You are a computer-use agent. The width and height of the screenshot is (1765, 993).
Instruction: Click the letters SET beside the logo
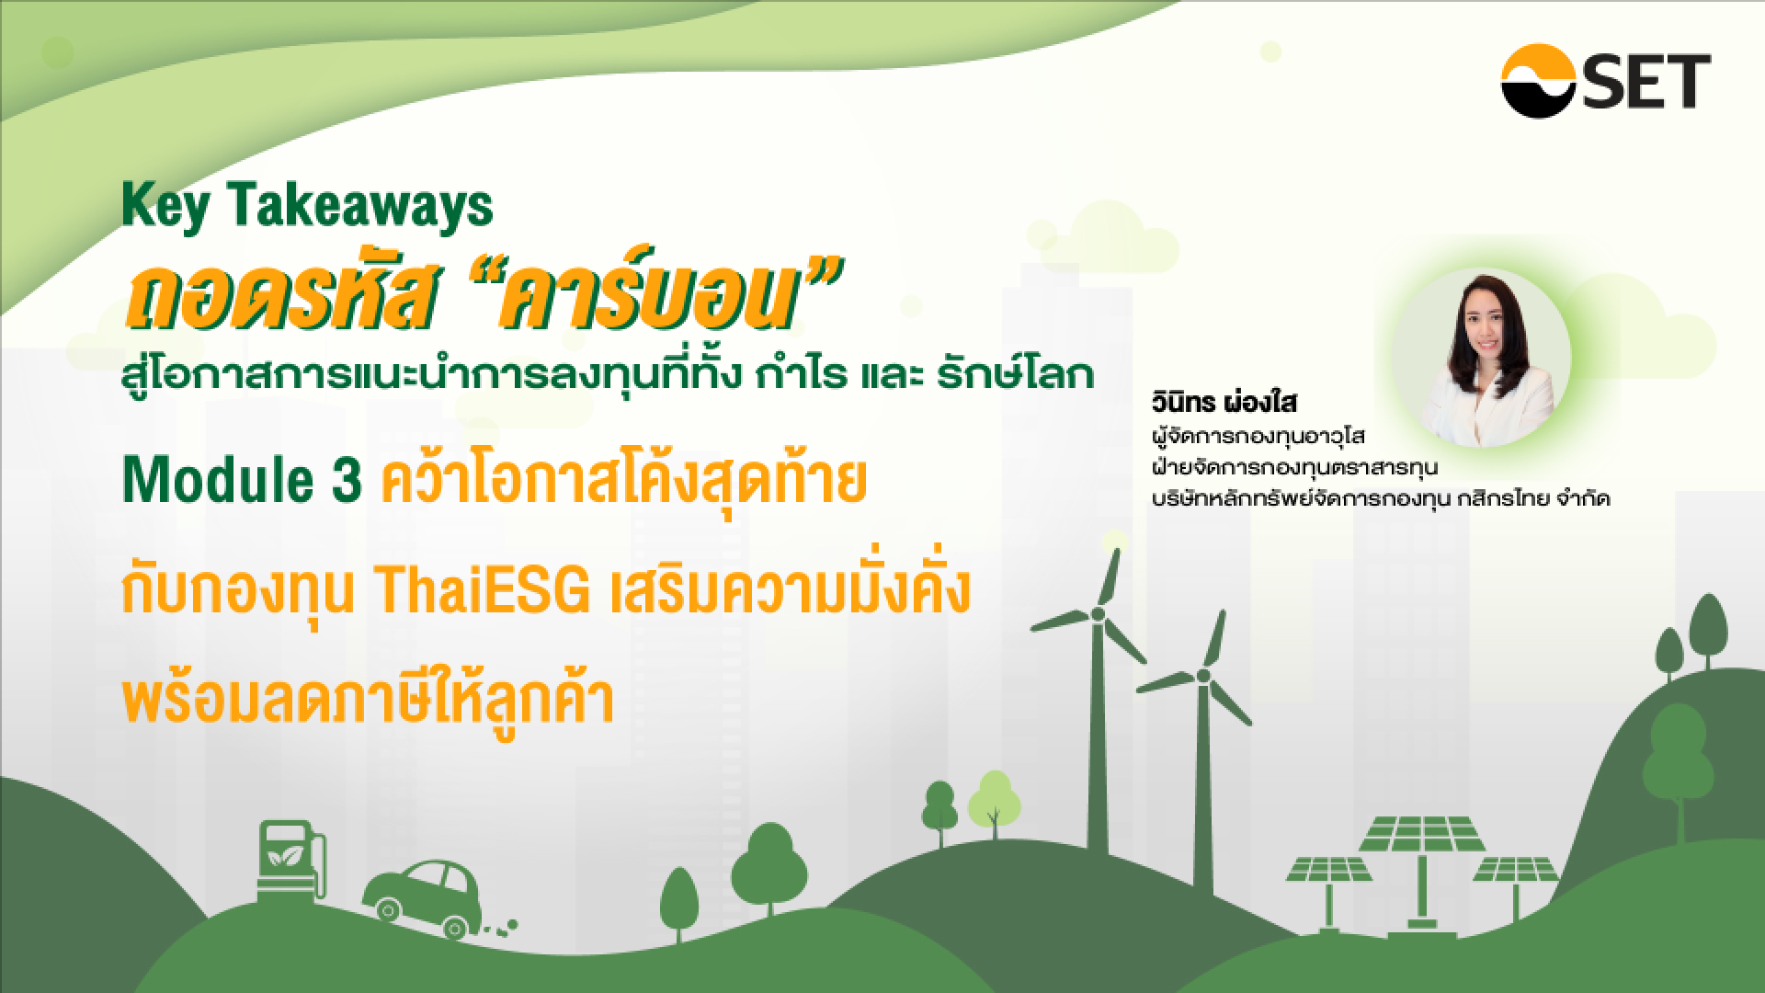tap(1657, 82)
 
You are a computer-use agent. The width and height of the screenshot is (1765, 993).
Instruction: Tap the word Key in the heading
tap(162, 208)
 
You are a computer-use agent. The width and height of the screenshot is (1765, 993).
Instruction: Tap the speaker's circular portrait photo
tap(1481, 360)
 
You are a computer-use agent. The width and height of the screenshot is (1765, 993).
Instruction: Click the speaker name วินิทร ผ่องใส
tap(1214, 404)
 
